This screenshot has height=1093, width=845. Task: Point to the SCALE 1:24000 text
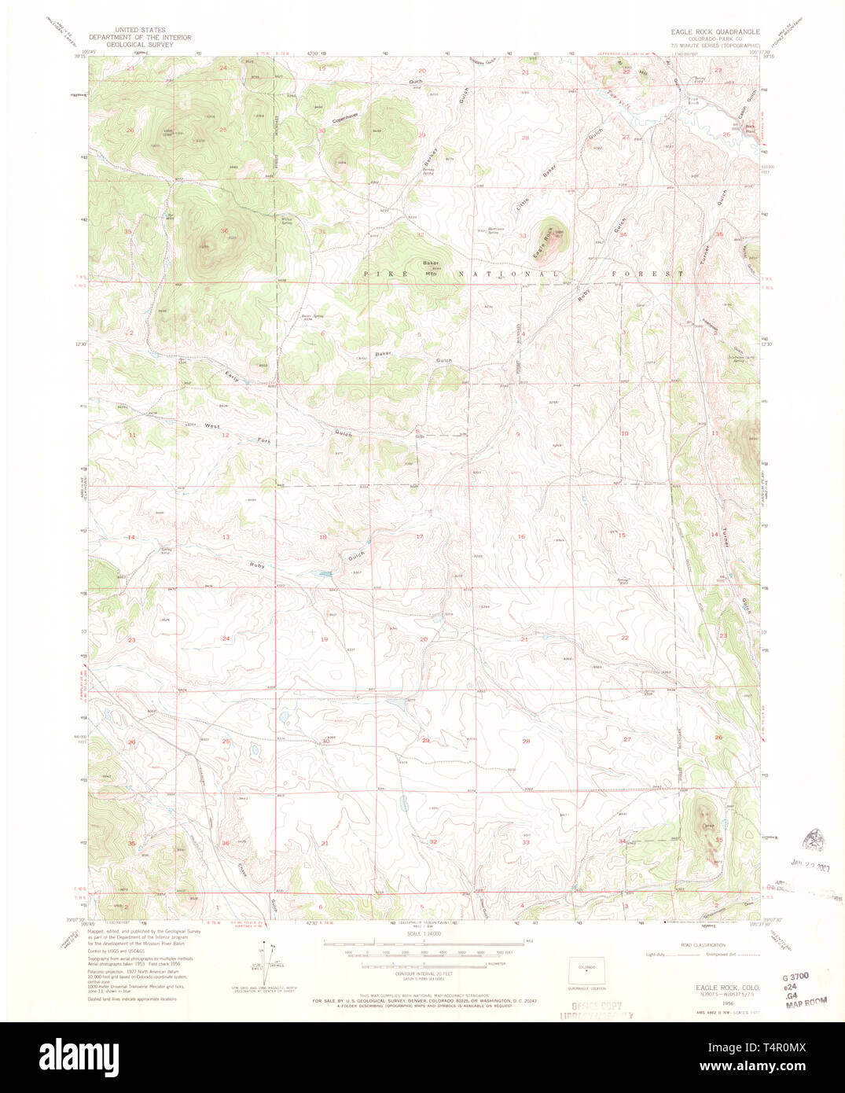click(423, 933)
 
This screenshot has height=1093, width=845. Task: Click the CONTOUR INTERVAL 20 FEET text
click(423, 973)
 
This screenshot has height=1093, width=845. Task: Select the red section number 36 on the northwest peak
click(224, 231)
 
